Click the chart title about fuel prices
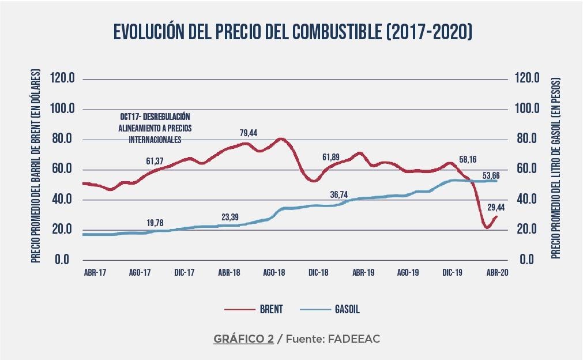point(292,32)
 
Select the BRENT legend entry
point(271,309)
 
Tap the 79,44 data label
point(249,133)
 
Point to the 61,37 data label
point(156,160)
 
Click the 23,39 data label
point(231,217)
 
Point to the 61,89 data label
point(332,156)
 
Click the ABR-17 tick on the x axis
point(95,272)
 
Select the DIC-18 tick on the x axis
point(318,272)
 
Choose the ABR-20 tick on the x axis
point(497,272)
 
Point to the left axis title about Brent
point(35,167)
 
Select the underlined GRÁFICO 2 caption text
point(243,339)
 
